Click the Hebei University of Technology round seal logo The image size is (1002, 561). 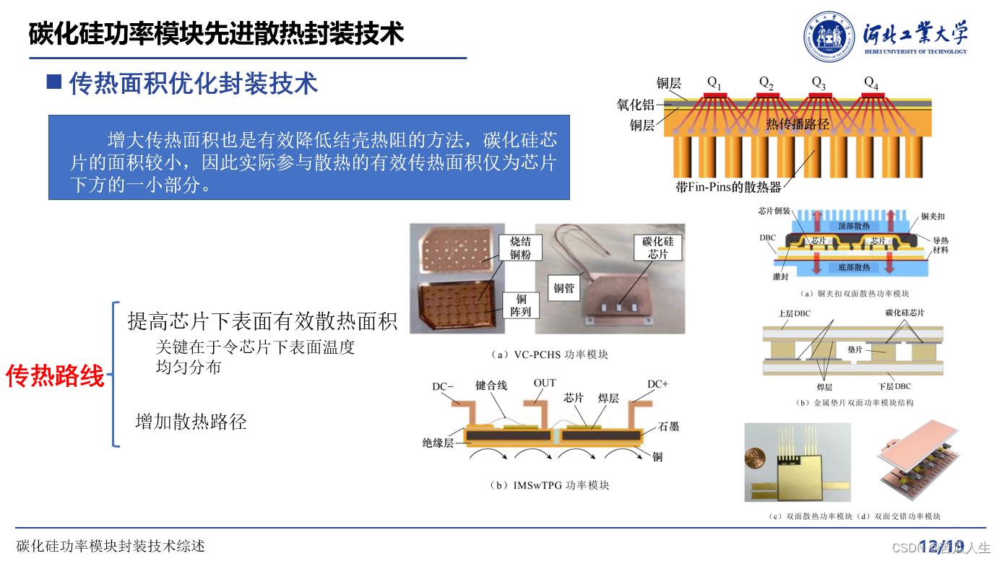[x=830, y=37]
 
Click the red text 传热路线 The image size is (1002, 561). [x=55, y=376]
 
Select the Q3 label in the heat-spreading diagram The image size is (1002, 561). [x=818, y=82]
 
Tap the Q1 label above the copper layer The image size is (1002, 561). [x=714, y=82]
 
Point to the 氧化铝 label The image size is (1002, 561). [x=635, y=105]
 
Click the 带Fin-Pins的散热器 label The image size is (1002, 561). [x=728, y=187]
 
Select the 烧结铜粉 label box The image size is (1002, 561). [x=520, y=248]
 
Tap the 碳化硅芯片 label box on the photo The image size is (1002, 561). [x=657, y=248]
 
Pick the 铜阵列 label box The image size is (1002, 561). [x=521, y=305]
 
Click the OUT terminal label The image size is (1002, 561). [x=545, y=383]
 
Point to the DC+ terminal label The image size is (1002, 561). [x=657, y=384]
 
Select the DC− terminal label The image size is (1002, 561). [x=443, y=386]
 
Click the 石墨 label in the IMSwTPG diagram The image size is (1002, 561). [x=669, y=427]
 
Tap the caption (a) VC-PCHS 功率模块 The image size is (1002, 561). [x=549, y=355]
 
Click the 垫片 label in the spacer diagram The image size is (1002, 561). [x=855, y=349]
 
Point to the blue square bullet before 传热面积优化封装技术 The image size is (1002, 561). [x=54, y=81]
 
